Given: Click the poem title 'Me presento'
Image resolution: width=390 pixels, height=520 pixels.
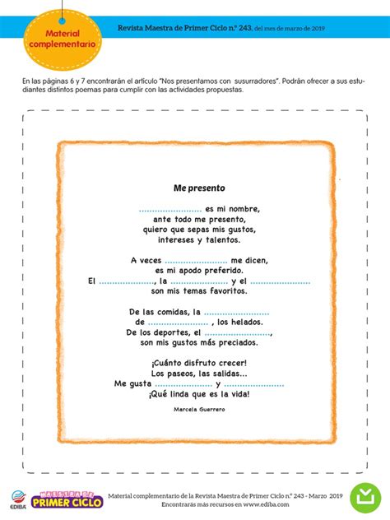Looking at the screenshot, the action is click(199, 188).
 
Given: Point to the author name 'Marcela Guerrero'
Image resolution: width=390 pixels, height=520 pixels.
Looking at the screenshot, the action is click(199, 408).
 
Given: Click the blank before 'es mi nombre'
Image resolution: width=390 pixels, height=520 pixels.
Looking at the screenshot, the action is click(170, 210).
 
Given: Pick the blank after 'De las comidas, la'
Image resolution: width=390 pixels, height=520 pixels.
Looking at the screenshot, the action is click(236, 313).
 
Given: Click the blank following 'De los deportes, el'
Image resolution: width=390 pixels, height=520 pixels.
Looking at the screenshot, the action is click(238, 332).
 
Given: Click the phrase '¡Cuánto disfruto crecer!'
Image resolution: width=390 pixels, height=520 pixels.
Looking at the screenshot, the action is click(199, 363).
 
